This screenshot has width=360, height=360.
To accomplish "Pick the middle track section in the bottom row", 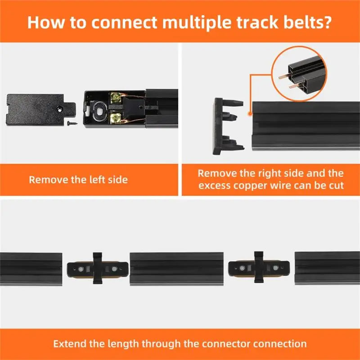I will (x=176, y=268).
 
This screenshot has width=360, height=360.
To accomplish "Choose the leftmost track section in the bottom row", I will (x=31, y=268).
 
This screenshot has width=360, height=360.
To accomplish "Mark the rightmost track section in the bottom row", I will (x=327, y=268).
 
